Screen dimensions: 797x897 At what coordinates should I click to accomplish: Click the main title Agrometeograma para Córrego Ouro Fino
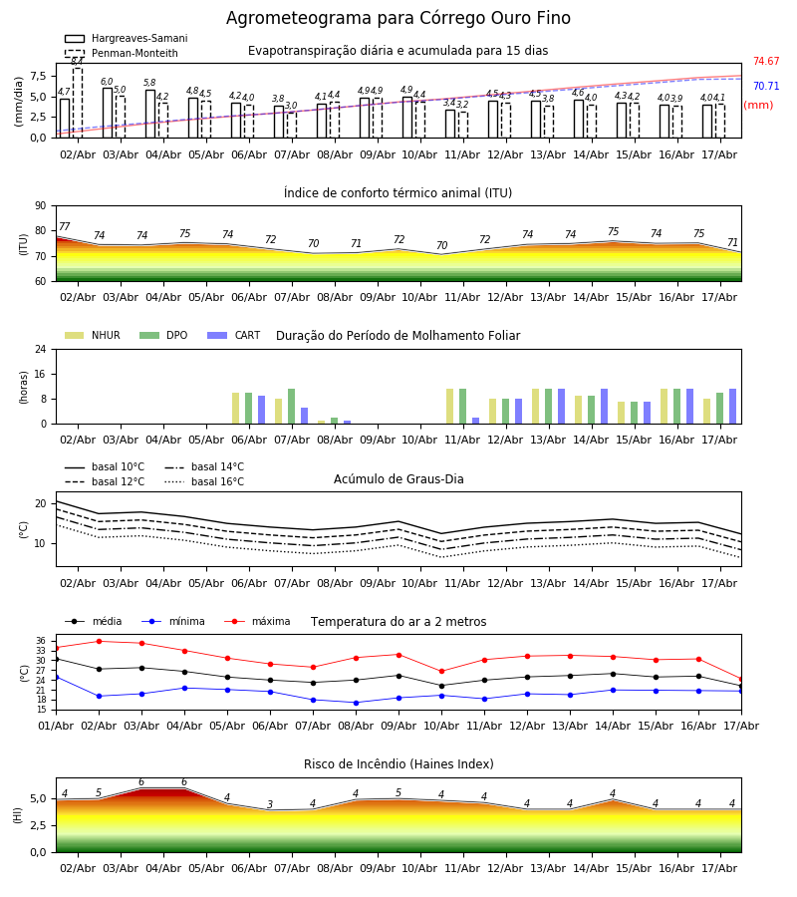pyautogui.click(x=398, y=18)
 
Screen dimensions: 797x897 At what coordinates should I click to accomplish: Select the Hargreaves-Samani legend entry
pyautogui.click(x=126, y=38)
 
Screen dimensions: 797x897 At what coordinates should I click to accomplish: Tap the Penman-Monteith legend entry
pyautogui.click(x=122, y=53)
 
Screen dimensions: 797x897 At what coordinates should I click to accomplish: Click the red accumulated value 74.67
pyautogui.click(x=766, y=61)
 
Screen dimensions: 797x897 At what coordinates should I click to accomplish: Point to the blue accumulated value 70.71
pyautogui.click(x=766, y=87)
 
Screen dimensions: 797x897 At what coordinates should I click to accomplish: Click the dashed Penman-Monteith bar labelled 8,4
pyautogui.click(x=78, y=103)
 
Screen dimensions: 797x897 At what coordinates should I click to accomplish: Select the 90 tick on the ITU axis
pyautogui.click(x=40, y=206)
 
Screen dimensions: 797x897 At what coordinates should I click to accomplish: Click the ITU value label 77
pyautogui.click(x=65, y=226)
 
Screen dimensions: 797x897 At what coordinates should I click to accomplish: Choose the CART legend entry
pyautogui.click(x=233, y=335)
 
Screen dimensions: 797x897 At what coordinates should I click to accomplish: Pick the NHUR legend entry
pyautogui.click(x=92, y=335)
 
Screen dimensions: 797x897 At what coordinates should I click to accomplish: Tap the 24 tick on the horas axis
pyautogui.click(x=40, y=349)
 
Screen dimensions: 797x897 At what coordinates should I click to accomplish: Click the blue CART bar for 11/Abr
pyautogui.click(x=475, y=421)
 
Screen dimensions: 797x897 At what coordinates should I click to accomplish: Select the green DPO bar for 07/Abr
pyautogui.click(x=292, y=407)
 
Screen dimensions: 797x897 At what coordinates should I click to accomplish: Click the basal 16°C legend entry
pyautogui.click(x=204, y=481)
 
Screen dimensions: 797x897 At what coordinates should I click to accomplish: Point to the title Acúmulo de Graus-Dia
pyautogui.click(x=398, y=479)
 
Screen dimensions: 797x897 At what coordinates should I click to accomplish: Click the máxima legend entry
pyautogui.click(x=257, y=621)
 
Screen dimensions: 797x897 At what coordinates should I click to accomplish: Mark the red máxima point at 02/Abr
pyautogui.click(x=99, y=641)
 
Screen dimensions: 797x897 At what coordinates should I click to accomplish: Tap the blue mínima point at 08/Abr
pyautogui.click(x=357, y=703)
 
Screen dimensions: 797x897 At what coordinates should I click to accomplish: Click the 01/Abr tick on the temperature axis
pyautogui.click(x=56, y=726)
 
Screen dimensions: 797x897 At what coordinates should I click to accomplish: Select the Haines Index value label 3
pyautogui.click(x=270, y=804)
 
